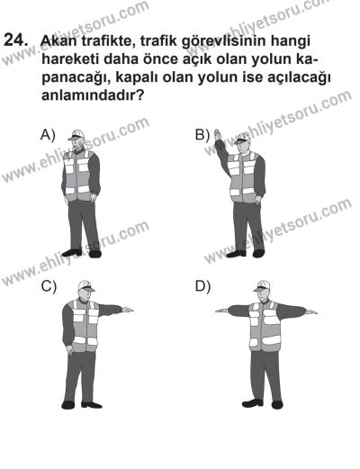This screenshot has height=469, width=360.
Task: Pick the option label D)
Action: [x=202, y=287]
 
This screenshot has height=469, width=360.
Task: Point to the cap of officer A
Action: [x=78, y=135]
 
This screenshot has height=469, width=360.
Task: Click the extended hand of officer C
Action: [x=127, y=310]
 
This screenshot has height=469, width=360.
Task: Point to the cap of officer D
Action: [x=263, y=284]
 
